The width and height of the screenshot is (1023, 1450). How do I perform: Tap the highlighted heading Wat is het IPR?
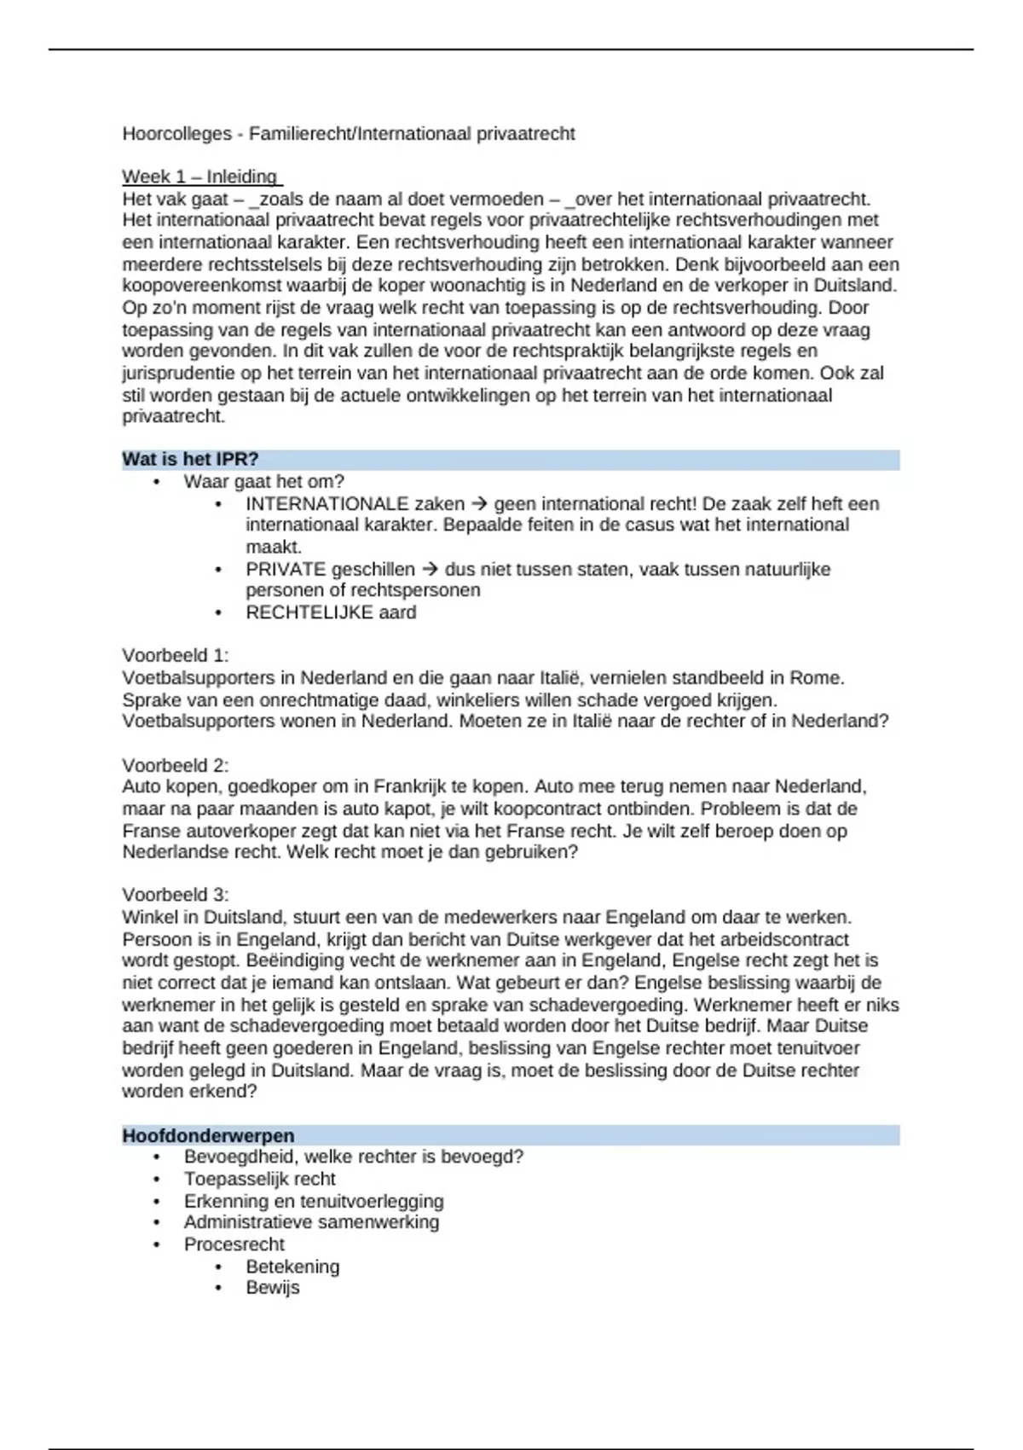(x=190, y=460)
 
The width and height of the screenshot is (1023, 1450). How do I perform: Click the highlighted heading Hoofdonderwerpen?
(x=208, y=1136)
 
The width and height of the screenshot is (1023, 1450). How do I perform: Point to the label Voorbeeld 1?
(x=176, y=656)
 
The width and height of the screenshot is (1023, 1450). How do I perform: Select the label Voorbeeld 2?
(x=176, y=765)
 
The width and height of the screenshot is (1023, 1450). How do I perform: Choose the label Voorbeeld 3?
(x=176, y=895)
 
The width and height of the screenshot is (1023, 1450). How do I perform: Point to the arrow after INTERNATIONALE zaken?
(x=479, y=504)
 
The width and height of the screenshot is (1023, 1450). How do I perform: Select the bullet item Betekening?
(x=292, y=1267)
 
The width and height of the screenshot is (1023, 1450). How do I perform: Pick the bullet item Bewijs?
(x=273, y=1288)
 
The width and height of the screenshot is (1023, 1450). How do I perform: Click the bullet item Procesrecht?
(x=234, y=1244)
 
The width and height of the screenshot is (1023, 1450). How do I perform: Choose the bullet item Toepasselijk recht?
(x=260, y=1180)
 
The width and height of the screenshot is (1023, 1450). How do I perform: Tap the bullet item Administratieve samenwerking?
(x=312, y=1222)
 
